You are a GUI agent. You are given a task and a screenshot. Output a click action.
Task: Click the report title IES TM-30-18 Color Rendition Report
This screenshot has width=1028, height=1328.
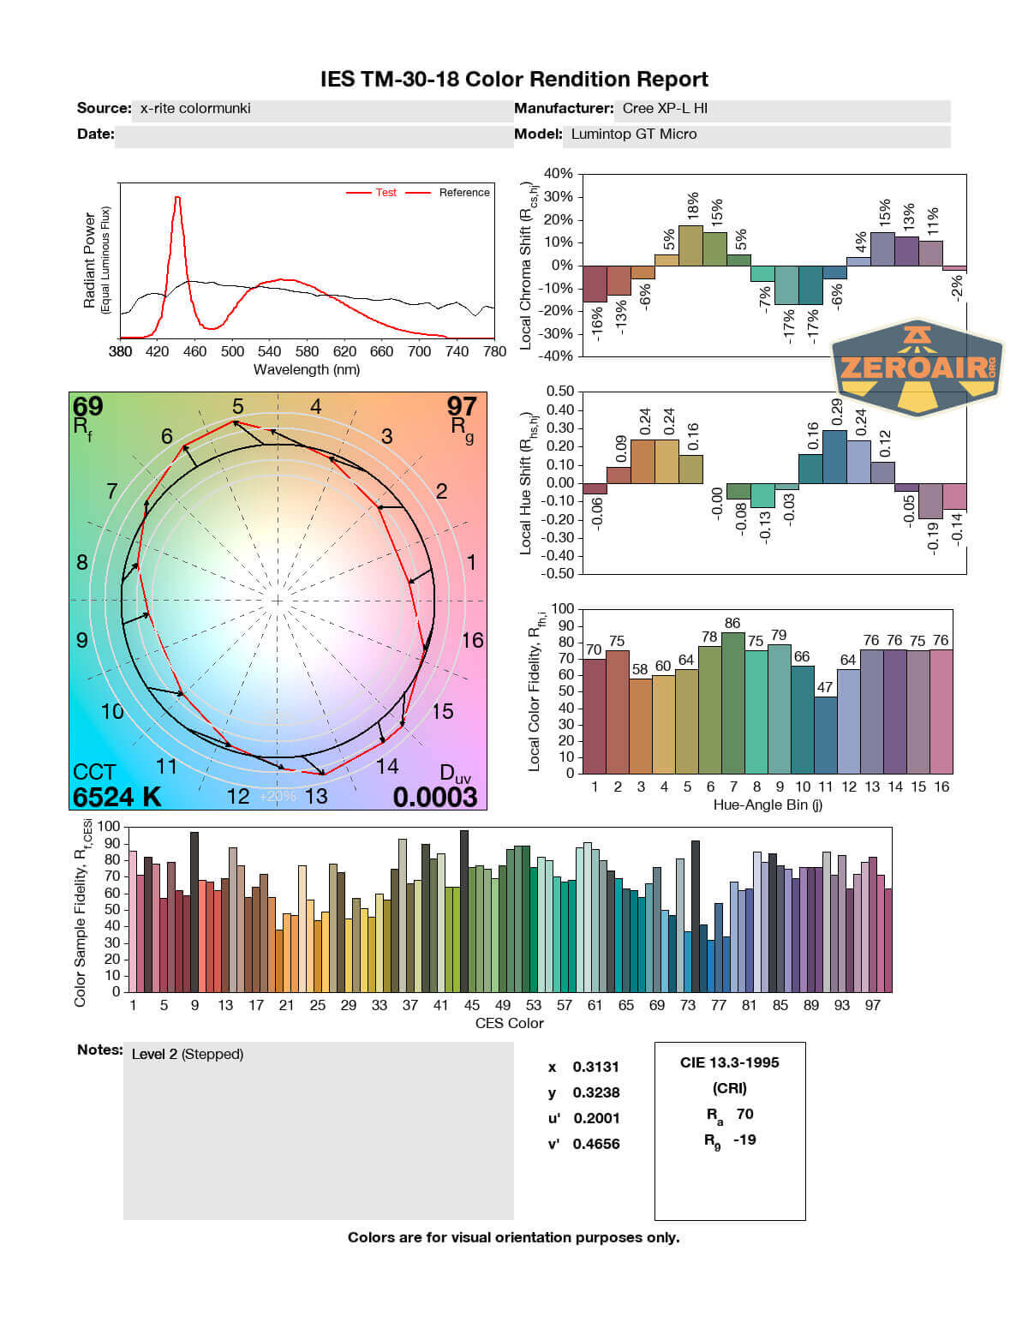pyautogui.click(x=514, y=80)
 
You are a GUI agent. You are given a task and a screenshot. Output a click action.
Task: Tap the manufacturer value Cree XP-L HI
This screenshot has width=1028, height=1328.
pyautogui.click(x=665, y=109)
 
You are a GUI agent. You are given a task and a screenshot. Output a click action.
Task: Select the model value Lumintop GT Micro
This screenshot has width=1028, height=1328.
pyautogui.click(x=634, y=135)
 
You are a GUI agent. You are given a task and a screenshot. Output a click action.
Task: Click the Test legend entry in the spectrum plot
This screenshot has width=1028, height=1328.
pyautogui.click(x=385, y=193)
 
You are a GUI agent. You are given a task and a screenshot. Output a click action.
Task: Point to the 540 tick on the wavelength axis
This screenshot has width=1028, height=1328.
pyautogui.click(x=270, y=351)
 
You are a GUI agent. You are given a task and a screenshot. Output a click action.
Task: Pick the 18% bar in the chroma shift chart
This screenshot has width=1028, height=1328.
pyautogui.click(x=690, y=245)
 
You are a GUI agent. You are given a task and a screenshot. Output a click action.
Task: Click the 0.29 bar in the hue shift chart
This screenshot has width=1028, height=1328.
pyautogui.click(x=834, y=456)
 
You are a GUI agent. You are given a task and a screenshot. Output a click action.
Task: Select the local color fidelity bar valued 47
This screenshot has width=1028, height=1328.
pyautogui.click(x=825, y=734)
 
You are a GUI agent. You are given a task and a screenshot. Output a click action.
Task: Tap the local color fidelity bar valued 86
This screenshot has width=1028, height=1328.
pyautogui.click(x=732, y=703)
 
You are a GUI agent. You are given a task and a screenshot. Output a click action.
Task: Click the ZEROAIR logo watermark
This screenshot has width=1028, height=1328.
pyautogui.click(x=917, y=368)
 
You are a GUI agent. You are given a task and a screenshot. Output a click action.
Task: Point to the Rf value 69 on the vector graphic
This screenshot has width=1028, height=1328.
pyautogui.click(x=88, y=406)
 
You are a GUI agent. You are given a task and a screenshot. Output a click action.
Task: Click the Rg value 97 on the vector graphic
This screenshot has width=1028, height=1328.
pyautogui.click(x=462, y=406)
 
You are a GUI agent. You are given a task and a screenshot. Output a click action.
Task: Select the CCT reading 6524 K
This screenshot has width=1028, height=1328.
pyautogui.click(x=117, y=797)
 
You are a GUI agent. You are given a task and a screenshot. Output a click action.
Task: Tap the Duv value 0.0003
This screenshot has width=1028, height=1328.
pyautogui.click(x=435, y=797)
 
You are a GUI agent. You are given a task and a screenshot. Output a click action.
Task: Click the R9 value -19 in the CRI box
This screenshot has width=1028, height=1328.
pyautogui.click(x=744, y=1140)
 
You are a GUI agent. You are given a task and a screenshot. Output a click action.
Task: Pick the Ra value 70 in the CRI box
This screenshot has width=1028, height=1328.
pyautogui.click(x=744, y=1114)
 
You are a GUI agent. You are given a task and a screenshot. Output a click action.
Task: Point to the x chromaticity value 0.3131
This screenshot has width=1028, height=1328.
pyautogui.click(x=595, y=1067)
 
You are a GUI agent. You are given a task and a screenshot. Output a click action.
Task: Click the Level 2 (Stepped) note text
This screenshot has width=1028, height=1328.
pyautogui.click(x=188, y=1054)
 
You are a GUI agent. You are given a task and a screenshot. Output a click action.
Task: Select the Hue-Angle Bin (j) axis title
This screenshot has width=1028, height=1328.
pyautogui.click(x=768, y=805)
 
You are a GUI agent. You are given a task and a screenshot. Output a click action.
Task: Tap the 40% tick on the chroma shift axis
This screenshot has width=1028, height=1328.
pyautogui.click(x=558, y=174)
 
